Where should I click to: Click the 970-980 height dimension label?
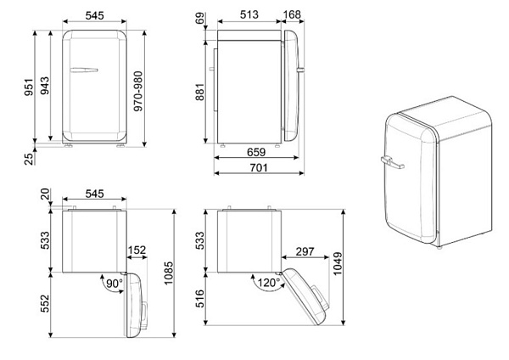pos(138,92)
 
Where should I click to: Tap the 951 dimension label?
pos(29,87)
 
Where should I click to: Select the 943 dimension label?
pos(45,86)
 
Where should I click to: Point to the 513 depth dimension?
pos(249,14)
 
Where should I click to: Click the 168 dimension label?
pos(292,14)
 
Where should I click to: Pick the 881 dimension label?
pos(200,92)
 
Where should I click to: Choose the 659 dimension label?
pos(256,152)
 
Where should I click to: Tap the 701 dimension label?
pos(259,167)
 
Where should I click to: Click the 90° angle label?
pos(115,284)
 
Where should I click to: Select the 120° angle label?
pos(269,283)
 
